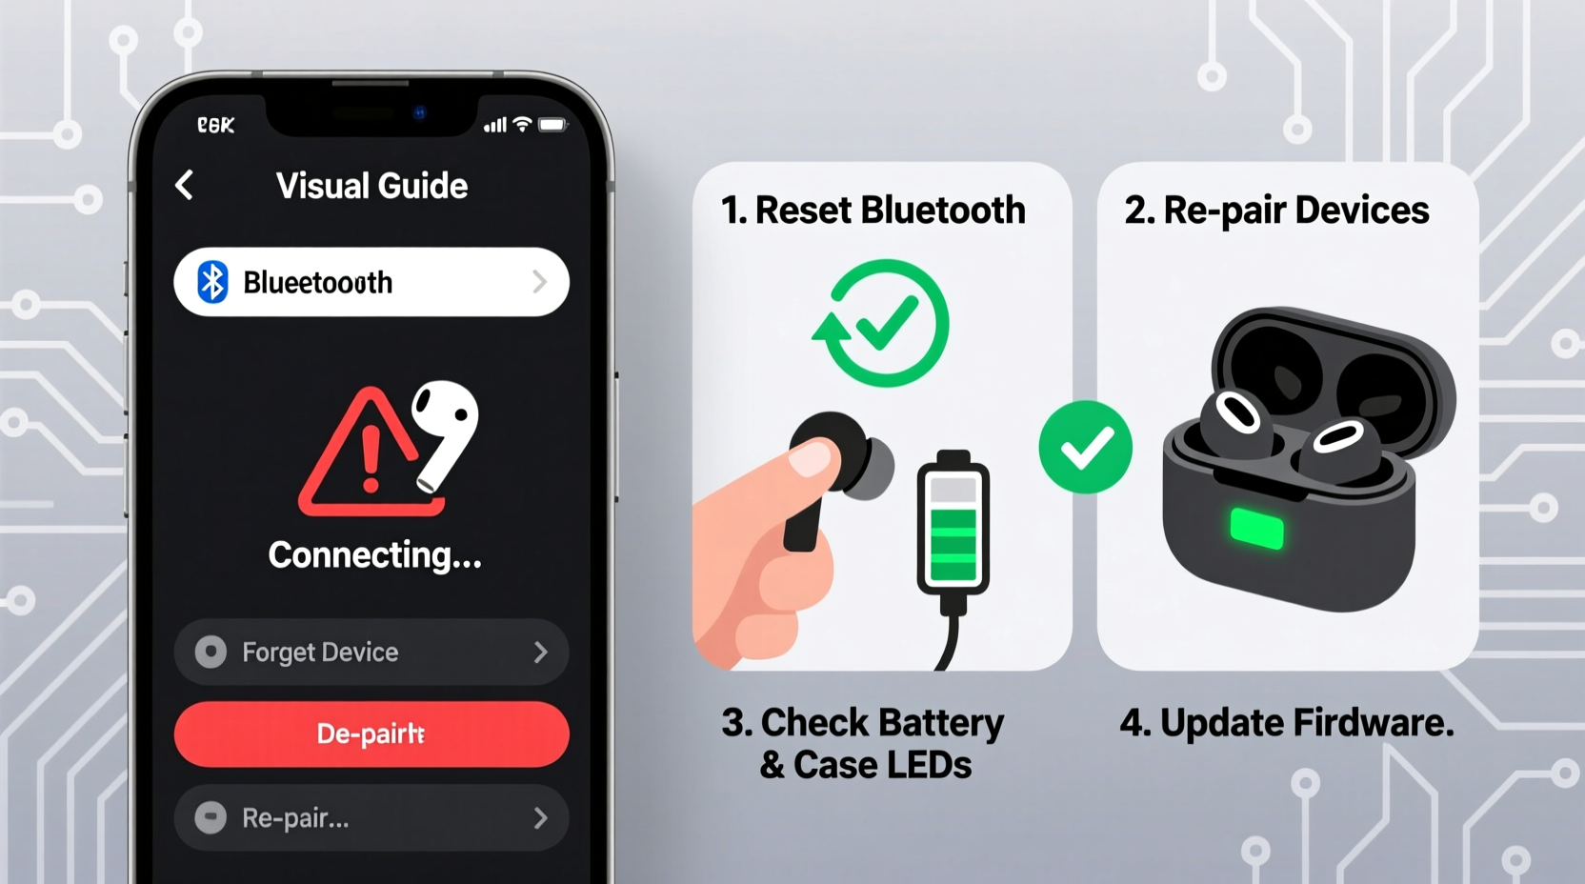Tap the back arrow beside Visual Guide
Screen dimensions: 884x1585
pos(185,185)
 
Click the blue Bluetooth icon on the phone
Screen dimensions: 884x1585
pos(212,282)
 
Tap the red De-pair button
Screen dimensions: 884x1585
pos(371,734)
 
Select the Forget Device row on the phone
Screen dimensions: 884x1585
pos(371,652)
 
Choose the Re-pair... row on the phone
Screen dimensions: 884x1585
pos(371,817)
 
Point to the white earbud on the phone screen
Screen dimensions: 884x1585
pos(445,429)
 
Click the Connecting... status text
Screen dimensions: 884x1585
pos(374,555)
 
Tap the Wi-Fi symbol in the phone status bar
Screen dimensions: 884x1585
pos(522,125)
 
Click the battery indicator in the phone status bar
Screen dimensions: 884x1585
pos(552,125)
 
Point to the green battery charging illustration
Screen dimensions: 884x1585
pos(953,524)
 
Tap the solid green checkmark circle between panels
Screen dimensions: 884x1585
pos(1085,448)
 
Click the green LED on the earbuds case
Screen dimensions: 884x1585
pos(1256,529)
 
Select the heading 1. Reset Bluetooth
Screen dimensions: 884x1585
pos(873,211)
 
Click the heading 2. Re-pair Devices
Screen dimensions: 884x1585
pos(1276,211)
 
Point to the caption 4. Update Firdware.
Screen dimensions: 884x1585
pos(1287,723)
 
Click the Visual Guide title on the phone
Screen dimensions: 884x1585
pos(371,186)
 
